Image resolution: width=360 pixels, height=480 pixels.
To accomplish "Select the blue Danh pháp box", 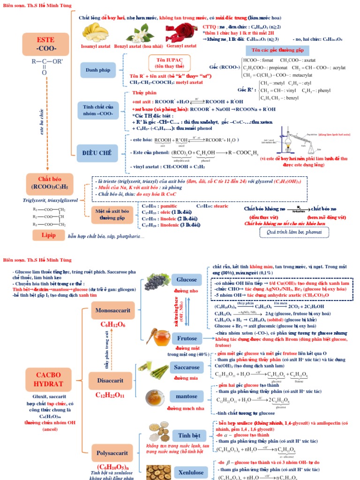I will [97, 70].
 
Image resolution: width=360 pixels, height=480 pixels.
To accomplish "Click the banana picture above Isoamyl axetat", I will [95, 32].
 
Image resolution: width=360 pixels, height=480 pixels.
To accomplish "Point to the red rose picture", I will [181, 32].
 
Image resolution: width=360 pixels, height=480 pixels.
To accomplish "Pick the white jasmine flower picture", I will [137, 33].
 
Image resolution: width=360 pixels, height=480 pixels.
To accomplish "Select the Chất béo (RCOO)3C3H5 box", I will [50, 183].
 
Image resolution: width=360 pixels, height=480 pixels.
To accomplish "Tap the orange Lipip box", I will [48, 235].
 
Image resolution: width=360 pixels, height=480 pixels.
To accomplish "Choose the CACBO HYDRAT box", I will [49, 379].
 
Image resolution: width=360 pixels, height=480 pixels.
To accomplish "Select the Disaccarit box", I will [111, 381].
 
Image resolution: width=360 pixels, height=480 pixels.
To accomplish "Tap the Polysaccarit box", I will [112, 453].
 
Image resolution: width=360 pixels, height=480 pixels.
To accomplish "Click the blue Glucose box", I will [187, 280].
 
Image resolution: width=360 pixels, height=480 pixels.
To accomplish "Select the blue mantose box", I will [186, 397].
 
